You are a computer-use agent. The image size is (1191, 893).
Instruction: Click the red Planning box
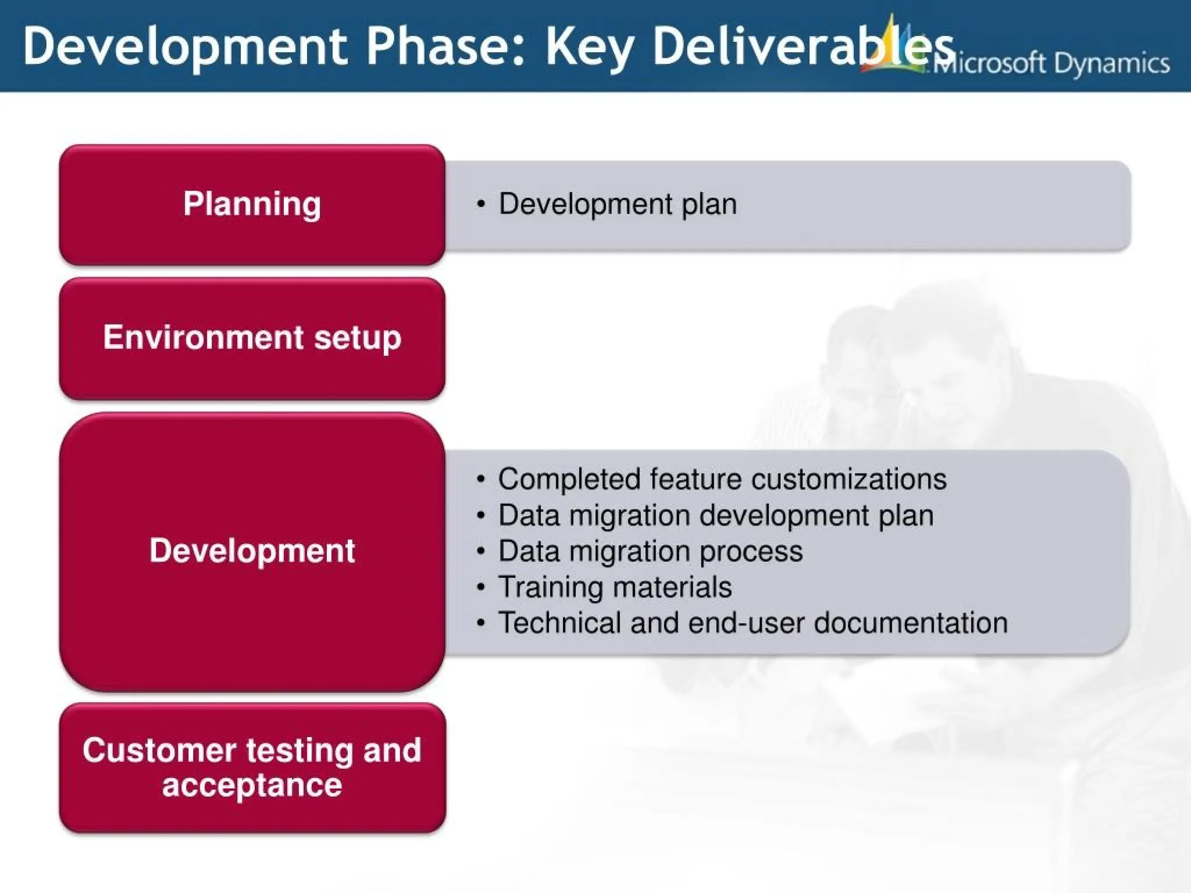coord(252,205)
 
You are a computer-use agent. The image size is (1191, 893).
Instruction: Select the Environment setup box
coord(252,338)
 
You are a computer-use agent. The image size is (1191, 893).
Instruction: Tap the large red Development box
coord(252,551)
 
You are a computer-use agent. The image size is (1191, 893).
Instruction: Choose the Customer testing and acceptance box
coord(252,767)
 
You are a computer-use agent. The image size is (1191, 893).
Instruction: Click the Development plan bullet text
coord(617,204)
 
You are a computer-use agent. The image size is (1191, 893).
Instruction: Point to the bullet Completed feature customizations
coord(722,480)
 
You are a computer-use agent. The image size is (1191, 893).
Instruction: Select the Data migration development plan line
coord(715,516)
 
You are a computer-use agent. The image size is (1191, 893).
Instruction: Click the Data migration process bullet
coord(650,551)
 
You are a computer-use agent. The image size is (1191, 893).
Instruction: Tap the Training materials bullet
coord(615,587)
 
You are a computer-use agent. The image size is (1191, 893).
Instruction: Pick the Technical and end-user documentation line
coord(753,623)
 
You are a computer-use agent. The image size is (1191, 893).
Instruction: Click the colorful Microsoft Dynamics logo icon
coord(893,47)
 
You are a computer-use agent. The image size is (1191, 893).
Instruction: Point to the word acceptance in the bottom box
coord(252,786)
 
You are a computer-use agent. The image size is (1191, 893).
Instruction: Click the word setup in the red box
coord(358,338)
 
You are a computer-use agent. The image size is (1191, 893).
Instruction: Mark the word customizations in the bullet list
coord(848,480)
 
